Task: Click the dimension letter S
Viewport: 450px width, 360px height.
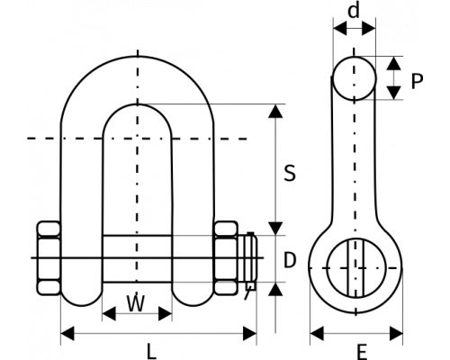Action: [290, 173]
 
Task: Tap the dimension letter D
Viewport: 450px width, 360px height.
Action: [290, 260]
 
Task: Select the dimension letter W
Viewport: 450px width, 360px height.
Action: [136, 303]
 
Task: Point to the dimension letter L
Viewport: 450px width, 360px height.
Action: [152, 352]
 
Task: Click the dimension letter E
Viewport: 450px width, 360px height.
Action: [363, 352]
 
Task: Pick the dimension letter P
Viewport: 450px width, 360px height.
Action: [417, 81]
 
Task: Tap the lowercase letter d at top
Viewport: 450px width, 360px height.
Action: [354, 12]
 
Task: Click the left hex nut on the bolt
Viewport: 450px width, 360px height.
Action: [49, 258]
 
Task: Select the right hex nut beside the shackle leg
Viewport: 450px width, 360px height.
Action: [227, 258]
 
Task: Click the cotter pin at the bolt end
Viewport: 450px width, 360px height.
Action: [250, 262]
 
